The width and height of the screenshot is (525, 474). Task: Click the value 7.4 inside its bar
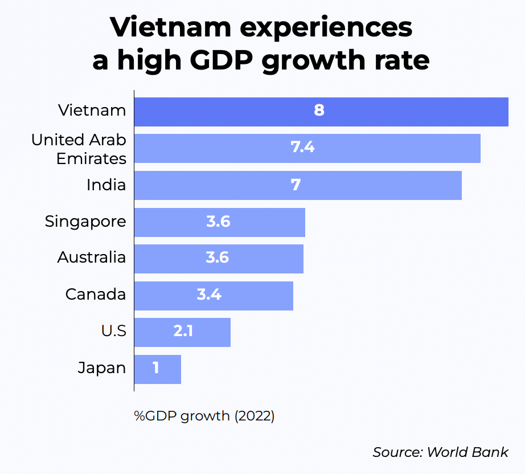pos(302,148)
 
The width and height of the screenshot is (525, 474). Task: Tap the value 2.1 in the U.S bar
pos(183,332)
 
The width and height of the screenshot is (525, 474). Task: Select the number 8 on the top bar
pos(319,111)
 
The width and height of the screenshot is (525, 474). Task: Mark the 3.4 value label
pos(209,295)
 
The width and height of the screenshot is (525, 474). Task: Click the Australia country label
pos(92,258)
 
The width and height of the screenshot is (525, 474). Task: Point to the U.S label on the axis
pos(113,331)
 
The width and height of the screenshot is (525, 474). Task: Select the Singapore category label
pos(85,221)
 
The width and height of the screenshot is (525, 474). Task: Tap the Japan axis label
pos(102,368)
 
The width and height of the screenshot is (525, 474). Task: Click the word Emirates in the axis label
pos(91,158)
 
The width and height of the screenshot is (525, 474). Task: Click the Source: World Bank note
pos(440,452)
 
